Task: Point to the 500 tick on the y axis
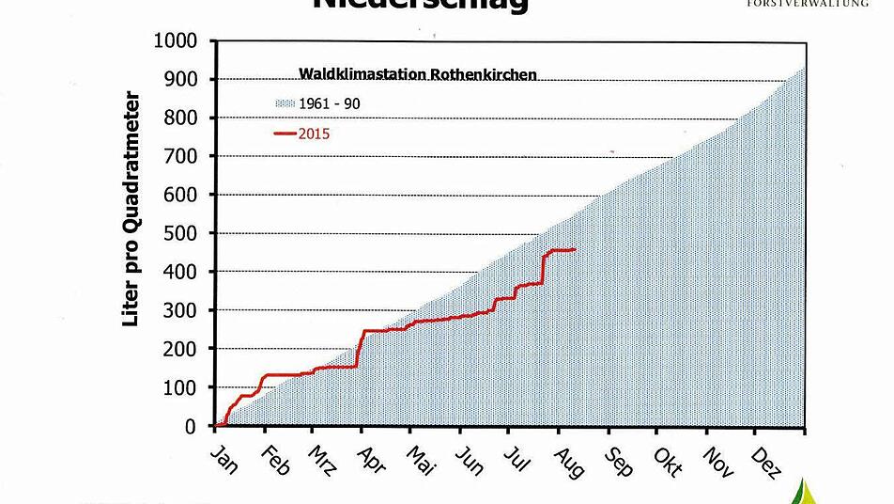pyautogui.click(x=181, y=233)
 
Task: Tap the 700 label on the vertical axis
pyautogui.click(x=181, y=156)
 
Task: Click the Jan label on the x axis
pyautogui.click(x=224, y=458)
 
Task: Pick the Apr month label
pyautogui.click(x=372, y=458)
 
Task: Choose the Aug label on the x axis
pyautogui.click(x=570, y=461)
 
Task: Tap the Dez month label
pyautogui.click(x=767, y=461)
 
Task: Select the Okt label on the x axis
pyautogui.click(x=668, y=460)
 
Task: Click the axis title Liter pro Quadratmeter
pyautogui.click(x=131, y=209)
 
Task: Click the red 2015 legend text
pyautogui.click(x=315, y=134)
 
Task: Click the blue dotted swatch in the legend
pyautogui.click(x=285, y=102)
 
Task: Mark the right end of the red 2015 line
pyautogui.click(x=575, y=249)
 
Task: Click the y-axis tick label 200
pyautogui.click(x=181, y=349)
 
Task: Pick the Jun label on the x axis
pyautogui.click(x=470, y=460)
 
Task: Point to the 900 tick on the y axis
pyautogui.click(x=181, y=80)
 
